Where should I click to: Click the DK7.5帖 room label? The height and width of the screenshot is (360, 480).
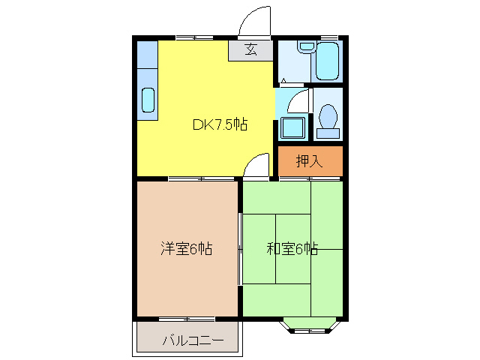tap(220, 125)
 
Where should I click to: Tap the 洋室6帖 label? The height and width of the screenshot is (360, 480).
tap(186, 248)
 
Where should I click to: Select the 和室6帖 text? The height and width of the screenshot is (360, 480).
tap(292, 248)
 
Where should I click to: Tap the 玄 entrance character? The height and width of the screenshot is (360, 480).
tap(250, 50)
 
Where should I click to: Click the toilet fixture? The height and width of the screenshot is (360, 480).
tap(327, 118)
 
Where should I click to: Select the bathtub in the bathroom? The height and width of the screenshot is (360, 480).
tap(328, 61)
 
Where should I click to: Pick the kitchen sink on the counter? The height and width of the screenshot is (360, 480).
tap(148, 100)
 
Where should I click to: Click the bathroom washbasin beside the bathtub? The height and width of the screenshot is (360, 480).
tap(305, 47)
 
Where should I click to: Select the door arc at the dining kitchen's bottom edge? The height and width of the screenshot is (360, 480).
tap(256, 165)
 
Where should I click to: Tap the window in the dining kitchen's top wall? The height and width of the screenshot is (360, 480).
tap(193, 37)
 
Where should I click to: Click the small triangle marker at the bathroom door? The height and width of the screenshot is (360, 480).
tap(283, 80)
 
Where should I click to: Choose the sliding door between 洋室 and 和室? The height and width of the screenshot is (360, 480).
tap(240, 248)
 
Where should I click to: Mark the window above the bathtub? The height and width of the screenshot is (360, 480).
tap(328, 37)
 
